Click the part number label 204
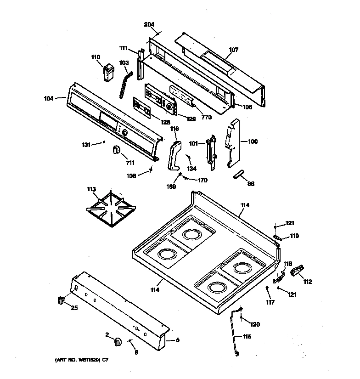[x=149, y=24]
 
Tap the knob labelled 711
[x=116, y=150]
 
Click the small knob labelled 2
[x=117, y=341]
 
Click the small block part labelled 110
[x=108, y=73]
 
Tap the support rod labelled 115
[x=236, y=333]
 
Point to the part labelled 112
[x=298, y=271]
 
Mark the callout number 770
[x=206, y=117]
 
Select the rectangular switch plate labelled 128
[x=143, y=107]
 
